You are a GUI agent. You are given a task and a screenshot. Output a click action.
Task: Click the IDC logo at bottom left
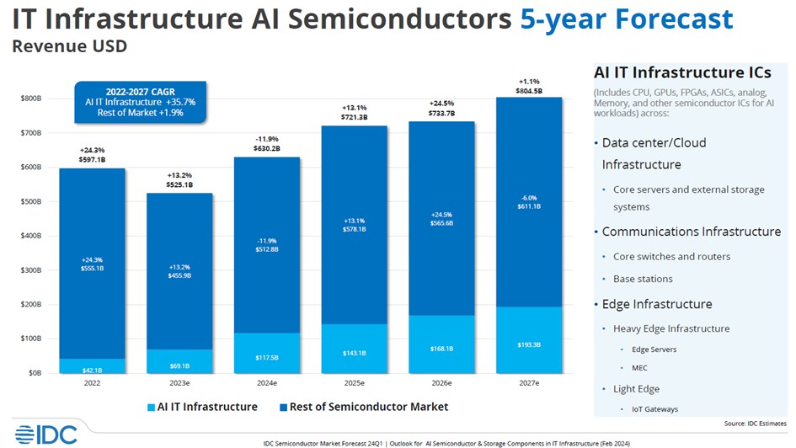(x=45, y=434)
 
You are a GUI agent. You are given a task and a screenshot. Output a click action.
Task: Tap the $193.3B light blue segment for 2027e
(x=529, y=344)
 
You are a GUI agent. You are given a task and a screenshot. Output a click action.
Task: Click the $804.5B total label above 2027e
(x=529, y=91)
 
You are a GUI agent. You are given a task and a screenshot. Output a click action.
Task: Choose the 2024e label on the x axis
(x=266, y=383)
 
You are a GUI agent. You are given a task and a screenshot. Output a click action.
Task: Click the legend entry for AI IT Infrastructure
(x=201, y=407)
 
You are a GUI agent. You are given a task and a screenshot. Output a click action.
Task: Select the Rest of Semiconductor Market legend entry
(x=361, y=407)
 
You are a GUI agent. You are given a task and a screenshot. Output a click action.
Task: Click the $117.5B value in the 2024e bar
(x=266, y=358)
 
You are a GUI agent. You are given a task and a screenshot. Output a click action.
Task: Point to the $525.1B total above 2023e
(x=179, y=184)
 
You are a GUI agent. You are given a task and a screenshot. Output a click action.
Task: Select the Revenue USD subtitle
(x=69, y=45)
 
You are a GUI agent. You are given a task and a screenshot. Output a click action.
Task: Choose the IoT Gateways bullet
(x=654, y=409)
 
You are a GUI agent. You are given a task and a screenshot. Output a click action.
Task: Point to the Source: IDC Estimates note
(x=755, y=423)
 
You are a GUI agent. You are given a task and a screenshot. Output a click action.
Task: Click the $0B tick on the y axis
(x=35, y=372)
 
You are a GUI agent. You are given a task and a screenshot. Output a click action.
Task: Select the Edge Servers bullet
(x=654, y=349)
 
